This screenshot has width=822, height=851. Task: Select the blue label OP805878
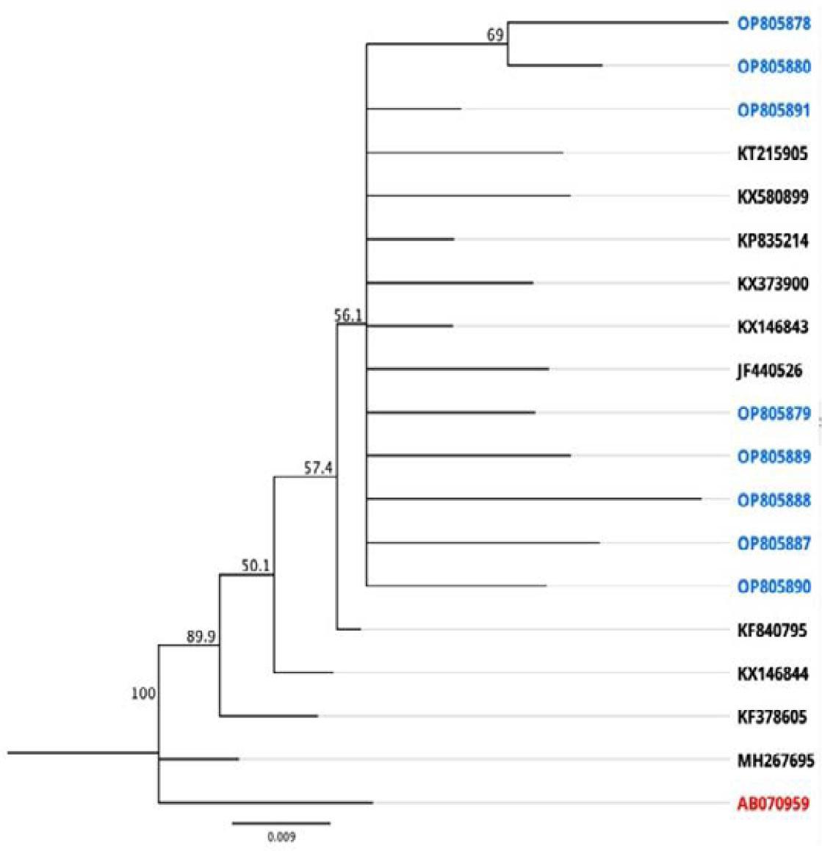774,23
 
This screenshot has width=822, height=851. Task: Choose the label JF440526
769,371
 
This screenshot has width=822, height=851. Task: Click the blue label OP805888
774,501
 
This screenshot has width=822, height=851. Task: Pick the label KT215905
773,153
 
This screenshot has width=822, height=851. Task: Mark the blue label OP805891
774,110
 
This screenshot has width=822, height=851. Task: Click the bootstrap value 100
143,692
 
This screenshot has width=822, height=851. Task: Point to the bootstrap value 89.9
201,637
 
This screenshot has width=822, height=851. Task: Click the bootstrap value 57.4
318,468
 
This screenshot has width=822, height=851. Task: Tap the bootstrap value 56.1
349,315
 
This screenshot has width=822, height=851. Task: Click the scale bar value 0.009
281,836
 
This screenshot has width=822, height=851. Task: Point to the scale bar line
281,824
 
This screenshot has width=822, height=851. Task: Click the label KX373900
773,283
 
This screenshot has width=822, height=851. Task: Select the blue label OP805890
774,587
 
